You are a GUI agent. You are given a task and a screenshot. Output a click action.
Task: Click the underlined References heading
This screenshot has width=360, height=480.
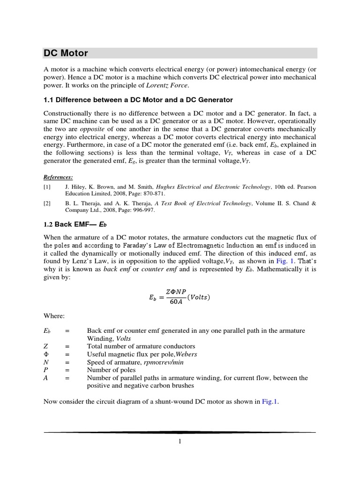click(59, 177)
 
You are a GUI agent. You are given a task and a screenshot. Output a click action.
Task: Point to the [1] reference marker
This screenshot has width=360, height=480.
click(47, 186)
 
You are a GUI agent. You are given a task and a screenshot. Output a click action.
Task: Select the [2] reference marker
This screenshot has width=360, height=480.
click(47, 203)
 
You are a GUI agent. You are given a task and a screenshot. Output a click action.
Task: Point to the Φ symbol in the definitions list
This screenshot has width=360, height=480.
click(46, 354)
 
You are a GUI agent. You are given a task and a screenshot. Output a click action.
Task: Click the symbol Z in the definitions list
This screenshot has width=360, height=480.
click(45, 346)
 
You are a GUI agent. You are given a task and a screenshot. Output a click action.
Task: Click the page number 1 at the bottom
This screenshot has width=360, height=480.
click(180, 441)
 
